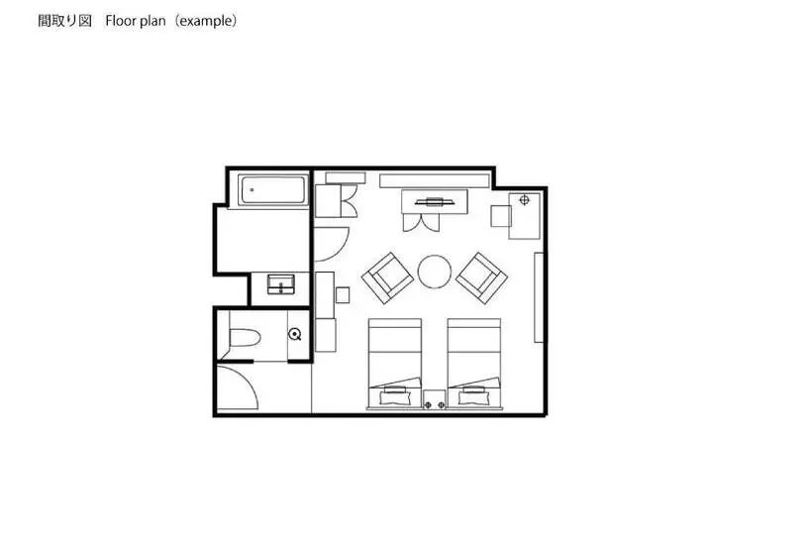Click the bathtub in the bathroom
point(273,190)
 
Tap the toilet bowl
point(244,337)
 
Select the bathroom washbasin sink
point(280,284)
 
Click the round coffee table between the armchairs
point(435,271)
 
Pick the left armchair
point(388,278)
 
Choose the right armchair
point(481,277)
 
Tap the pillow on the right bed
point(474,398)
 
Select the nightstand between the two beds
point(435,399)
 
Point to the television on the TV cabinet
point(435,201)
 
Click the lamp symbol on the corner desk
point(524,199)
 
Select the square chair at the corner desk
point(501,216)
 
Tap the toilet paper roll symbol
point(295,334)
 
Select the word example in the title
point(205,21)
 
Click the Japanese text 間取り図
point(65,21)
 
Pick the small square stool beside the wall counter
point(343,295)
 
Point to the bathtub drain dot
point(252,190)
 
